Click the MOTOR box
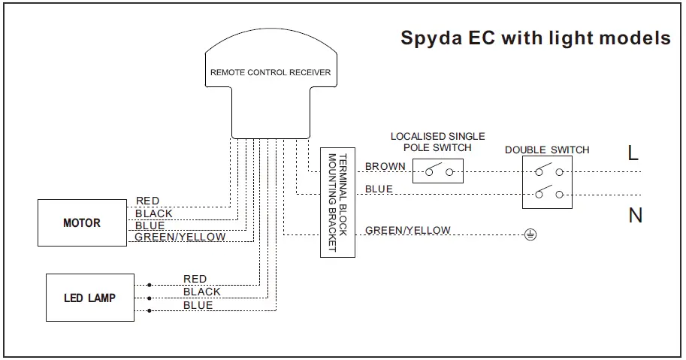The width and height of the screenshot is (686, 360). (x=82, y=222)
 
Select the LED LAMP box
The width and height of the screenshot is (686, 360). (x=90, y=298)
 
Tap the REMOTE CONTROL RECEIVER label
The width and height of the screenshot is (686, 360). (x=270, y=72)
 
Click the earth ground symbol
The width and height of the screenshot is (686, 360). (x=530, y=235)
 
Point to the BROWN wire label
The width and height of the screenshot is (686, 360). (x=385, y=166)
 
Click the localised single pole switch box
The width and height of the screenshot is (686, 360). (x=438, y=171)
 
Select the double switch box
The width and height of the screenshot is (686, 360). (x=547, y=182)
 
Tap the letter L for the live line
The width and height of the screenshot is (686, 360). (x=633, y=153)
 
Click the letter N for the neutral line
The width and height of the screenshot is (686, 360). (x=635, y=215)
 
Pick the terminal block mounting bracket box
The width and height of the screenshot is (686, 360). (x=338, y=202)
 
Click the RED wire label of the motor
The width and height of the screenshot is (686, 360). (x=147, y=201)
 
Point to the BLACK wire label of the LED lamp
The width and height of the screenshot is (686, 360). (x=201, y=292)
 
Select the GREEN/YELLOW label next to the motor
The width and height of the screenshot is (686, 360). (x=180, y=237)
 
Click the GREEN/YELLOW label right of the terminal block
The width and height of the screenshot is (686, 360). (x=408, y=230)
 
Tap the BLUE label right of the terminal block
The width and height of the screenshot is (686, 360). (x=379, y=189)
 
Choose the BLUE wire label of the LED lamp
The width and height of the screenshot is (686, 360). (x=198, y=305)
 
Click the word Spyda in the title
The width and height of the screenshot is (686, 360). (x=431, y=38)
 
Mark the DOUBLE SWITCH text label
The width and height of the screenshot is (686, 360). (x=547, y=150)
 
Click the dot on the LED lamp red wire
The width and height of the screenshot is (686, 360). (x=150, y=285)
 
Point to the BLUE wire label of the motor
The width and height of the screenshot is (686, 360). (x=150, y=225)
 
